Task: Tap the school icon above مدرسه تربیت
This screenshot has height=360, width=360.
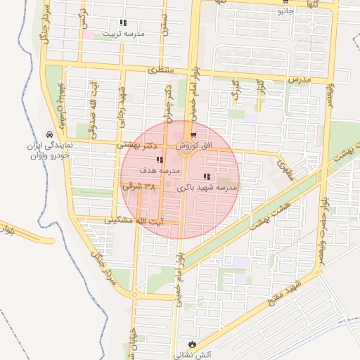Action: (123, 22)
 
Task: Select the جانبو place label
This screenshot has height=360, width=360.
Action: (285, 11)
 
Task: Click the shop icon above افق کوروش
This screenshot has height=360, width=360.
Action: (193, 135)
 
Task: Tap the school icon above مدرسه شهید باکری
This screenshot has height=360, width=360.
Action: (206, 176)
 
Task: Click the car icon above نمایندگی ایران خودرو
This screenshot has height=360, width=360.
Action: (49, 134)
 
